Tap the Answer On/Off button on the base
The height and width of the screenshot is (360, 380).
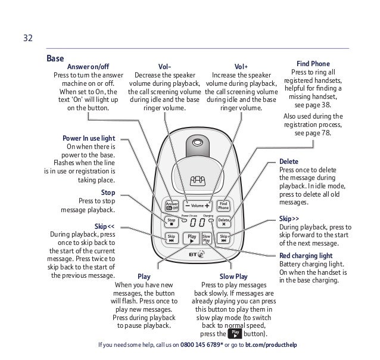tap(172, 205)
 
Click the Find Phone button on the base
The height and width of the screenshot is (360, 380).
tap(223, 205)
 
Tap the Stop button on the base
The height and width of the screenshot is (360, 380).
tap(172, 221)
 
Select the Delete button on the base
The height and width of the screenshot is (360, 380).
tap(224, 221)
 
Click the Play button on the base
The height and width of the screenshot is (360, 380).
tap(191, 238)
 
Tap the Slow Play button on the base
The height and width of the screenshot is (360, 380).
tap(207, 238)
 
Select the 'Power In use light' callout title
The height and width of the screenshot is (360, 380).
tap(89, 138)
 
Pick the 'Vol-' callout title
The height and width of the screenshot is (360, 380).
tap(164, 67)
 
